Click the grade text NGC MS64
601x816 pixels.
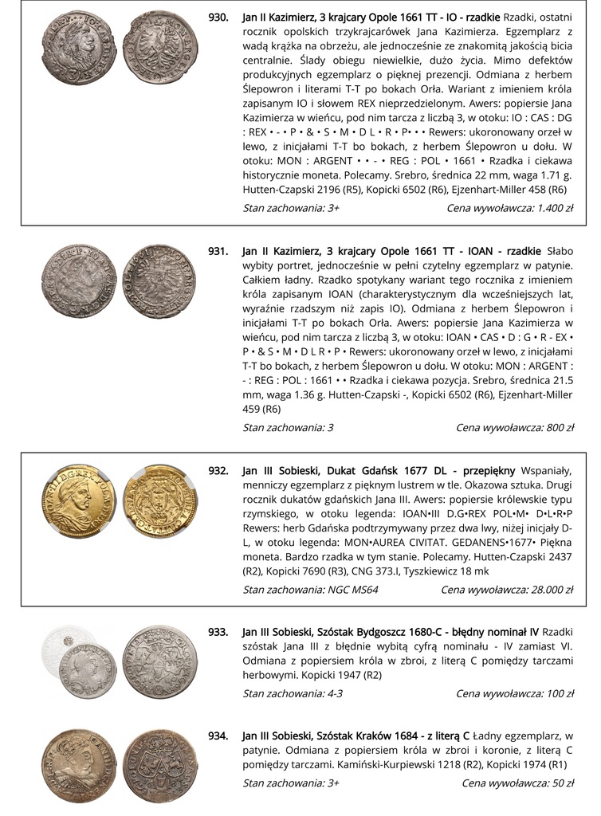(x=353, y=590)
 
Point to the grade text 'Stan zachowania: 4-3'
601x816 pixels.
(x=293, y=693)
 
